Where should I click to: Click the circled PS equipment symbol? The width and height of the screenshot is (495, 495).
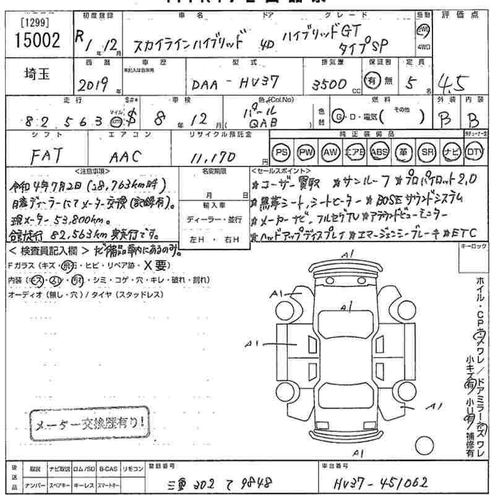pos(282,152)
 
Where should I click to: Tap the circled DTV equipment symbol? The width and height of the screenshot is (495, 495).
pos(473,152)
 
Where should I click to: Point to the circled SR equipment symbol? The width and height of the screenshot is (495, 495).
pos(426,152)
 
